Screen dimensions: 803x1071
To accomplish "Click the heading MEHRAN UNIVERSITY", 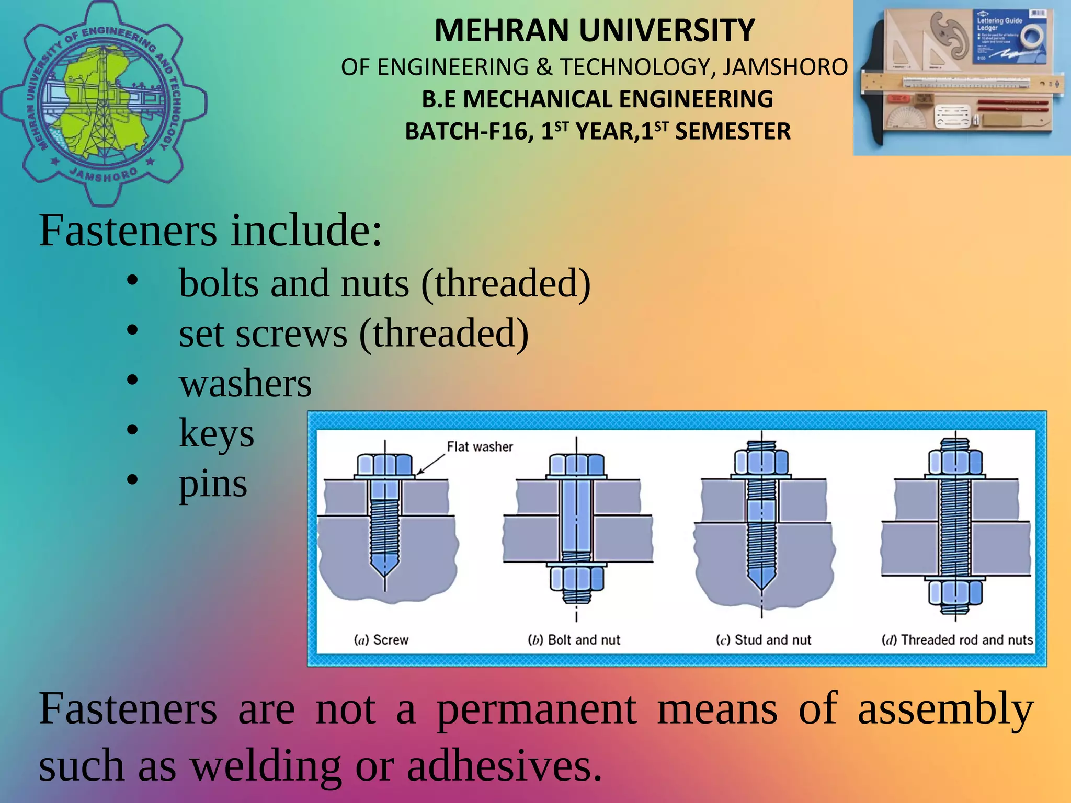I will click(595, 30).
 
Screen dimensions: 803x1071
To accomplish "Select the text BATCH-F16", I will click(469, 131).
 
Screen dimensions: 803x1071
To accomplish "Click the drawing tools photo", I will click(961, 77).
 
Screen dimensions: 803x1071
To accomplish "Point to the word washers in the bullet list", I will click(245, 383).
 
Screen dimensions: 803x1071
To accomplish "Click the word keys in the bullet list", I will click(216, 433).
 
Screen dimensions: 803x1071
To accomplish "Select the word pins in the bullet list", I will click(213, 484).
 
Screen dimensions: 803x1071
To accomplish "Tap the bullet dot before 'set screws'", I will click(132, 331).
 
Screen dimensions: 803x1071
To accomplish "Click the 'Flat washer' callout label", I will click(480, 447).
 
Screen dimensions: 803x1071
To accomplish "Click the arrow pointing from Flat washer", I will click(430, 464).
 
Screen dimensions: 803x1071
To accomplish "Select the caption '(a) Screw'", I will click(381, 640).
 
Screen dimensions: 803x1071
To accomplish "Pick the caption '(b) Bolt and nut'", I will click(574, 640).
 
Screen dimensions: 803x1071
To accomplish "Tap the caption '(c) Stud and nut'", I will click(764, 640).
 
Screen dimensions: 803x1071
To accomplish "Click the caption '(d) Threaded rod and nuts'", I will click(957, 640).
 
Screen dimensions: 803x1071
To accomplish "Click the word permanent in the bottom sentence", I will click(537, 709).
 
